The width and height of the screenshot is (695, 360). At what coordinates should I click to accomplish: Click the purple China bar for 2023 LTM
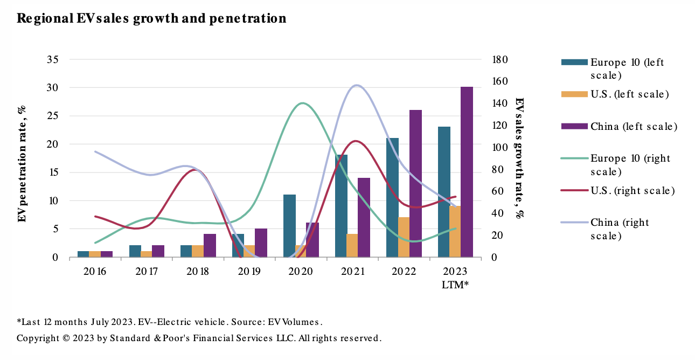pos(467,172)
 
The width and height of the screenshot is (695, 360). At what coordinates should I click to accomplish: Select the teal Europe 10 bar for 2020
pos(289,226)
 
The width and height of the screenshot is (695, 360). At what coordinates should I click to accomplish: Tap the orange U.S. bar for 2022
pos(404,237)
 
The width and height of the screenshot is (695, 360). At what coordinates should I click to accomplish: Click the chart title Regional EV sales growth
pos(151,18)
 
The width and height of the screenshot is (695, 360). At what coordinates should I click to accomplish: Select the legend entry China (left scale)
pos(633,127)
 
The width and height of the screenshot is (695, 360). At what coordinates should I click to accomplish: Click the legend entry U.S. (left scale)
pos(629,94)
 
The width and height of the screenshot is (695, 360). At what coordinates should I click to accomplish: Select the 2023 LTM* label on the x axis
pos(455,278)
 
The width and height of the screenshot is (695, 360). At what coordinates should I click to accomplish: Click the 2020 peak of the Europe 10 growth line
pos(302,103)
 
